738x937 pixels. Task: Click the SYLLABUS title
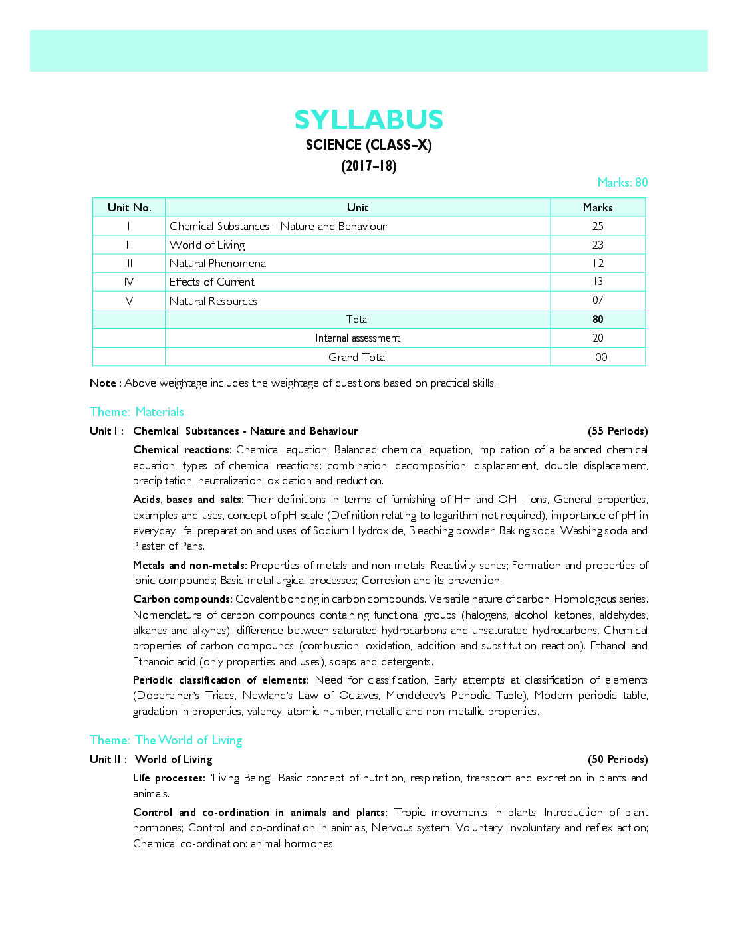[x=368, y=120]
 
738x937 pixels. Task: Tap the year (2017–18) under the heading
[x=368, y=166]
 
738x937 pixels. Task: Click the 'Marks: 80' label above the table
[x=622, y=183]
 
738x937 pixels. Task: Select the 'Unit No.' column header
[x=129, y=207]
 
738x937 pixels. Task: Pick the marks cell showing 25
[x=598, y=226]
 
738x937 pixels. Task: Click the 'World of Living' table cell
[x=207, y=245]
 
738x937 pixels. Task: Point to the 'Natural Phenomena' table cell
[x=217, y=263]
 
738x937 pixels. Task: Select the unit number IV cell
[x=129, y=282]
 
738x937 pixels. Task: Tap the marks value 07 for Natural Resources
[x=598, y=300]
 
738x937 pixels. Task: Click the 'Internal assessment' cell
[x=358, y=338]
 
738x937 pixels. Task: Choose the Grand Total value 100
[x=598, y=357]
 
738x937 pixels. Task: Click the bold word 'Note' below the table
[x=103, y=383]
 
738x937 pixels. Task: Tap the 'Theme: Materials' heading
[x=136, y=412]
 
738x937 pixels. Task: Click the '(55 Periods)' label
[x=617, y=431]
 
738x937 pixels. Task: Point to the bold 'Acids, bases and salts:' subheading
[x=188, y=499]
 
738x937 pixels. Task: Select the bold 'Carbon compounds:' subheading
[x=182, y=599]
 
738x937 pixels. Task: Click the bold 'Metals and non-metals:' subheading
[x=189, y=565]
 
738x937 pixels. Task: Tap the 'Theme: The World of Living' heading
[x=166, y=740]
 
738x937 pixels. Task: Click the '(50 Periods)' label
[x=617, y=759]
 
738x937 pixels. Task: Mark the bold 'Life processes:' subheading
[x=169, y=778]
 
